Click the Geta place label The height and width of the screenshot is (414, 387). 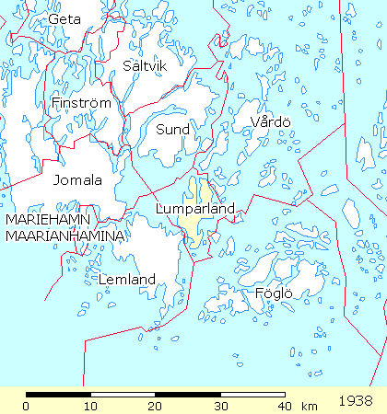tap(64, 18)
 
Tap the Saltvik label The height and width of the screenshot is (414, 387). tap(146, 65)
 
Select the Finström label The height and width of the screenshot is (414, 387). tap(81, 104)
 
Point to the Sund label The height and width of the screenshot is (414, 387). tap(172, 130)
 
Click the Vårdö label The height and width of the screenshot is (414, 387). tap(271, 122)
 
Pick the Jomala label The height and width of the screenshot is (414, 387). tap(77, 179)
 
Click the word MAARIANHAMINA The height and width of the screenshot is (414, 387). tap(64, 236)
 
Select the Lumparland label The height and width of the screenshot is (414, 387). tap(196, 210)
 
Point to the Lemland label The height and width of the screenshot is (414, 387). tap(126, 279)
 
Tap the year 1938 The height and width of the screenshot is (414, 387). tap(356, 402)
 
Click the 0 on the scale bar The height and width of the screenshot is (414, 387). tap(26, 407)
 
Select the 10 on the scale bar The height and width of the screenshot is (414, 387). tap(89, 407)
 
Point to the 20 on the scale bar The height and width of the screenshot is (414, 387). tap(155, 407)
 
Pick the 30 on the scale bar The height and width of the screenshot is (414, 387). tap(219, 407)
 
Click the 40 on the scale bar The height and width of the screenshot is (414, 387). tap(284, 407)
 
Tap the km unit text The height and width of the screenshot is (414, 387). tap(310, 407)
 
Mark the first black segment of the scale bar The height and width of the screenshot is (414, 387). tap(57, 394)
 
